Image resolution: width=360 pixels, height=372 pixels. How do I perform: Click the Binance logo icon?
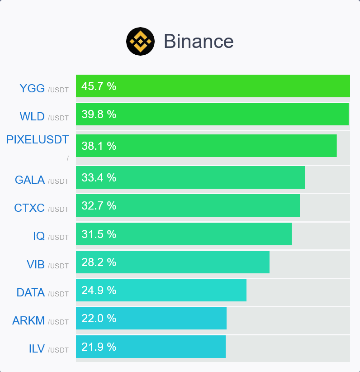(x=140, y=42)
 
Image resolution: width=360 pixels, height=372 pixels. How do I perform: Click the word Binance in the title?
(x=199, y=42)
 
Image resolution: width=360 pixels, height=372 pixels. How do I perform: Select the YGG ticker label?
(x=32, y=88)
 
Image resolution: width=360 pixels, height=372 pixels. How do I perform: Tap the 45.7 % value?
(x=99, y=86)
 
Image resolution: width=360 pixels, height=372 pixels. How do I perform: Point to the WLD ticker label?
(x=32, y=117)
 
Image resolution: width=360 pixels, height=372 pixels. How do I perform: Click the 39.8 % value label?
(x=99, y=114)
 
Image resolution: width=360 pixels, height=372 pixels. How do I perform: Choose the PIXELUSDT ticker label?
(x=38, y=140)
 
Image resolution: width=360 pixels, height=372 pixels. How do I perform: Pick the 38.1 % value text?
(x=99, y=146)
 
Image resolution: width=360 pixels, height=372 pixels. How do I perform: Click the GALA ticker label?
(x=30, y=180)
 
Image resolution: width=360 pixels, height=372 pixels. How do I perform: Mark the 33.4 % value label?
(x=99, y=178)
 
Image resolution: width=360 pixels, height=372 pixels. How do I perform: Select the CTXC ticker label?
(x=29, y=208)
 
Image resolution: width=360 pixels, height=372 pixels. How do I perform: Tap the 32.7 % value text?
(x=99, y=206)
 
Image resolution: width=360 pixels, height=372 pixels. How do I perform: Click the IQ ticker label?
(x=39, y=236)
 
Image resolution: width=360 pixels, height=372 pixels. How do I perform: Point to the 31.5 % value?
(x=99, y=234)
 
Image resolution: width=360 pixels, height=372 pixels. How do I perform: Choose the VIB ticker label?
(x=36, y=265)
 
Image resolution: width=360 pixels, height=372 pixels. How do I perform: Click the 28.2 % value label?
(x=99, y=262)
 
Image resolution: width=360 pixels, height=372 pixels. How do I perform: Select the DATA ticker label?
(x=31, y=293)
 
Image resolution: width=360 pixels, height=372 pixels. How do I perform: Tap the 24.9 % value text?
(x=99, y=290)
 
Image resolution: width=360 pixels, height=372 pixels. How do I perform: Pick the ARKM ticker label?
(x=28, y=321)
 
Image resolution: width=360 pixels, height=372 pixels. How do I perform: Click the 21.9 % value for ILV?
(x=99, y=347)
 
